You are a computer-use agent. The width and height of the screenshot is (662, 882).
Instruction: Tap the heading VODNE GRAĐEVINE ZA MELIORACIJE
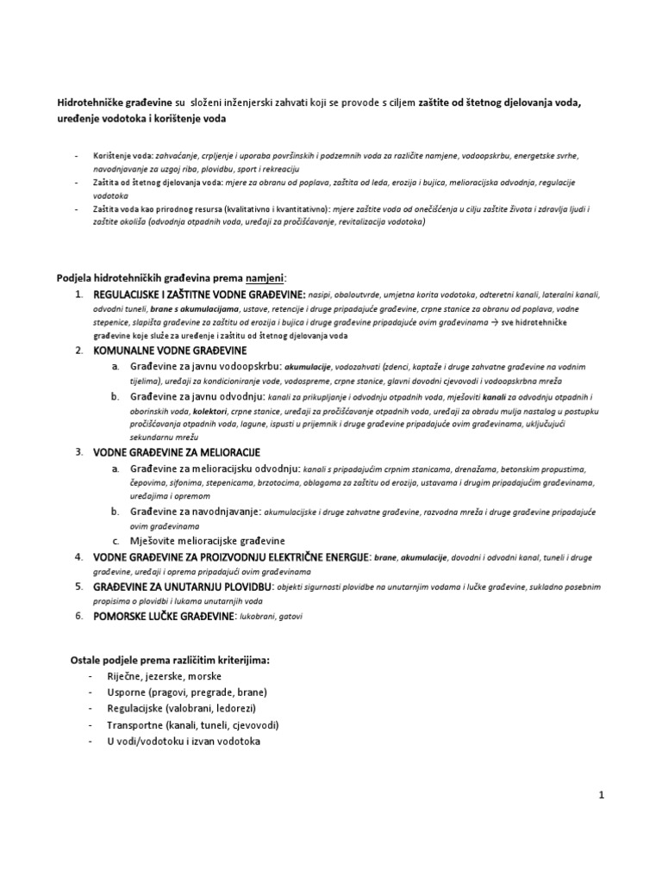click(x=176, y=452)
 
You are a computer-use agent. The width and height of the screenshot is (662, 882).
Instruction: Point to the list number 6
click(x=78, y=616)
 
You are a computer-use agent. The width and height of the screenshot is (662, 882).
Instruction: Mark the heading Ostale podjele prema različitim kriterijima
click(x=170, y=660)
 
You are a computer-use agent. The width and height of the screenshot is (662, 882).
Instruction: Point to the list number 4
click(x=78, y=557)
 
